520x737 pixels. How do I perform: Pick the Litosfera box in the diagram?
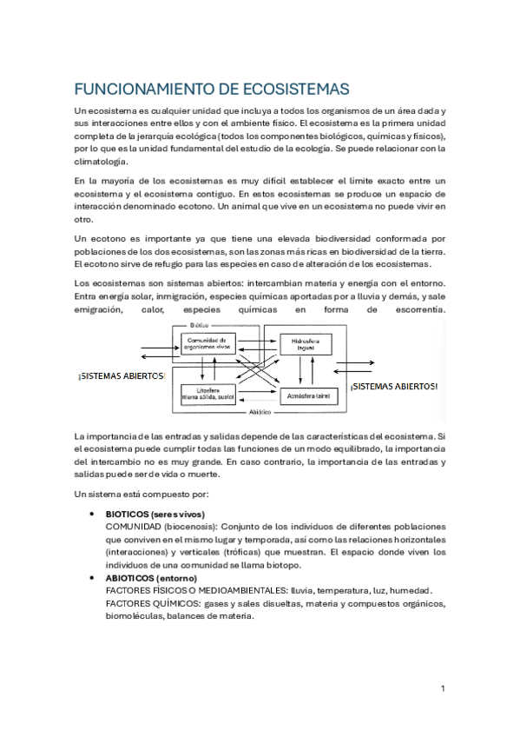point(206,395)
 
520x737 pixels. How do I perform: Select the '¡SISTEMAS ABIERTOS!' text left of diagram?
point(122,375)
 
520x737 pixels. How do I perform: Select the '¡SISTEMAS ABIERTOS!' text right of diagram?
point(393,386)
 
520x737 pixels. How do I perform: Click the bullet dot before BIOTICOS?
point(93,515)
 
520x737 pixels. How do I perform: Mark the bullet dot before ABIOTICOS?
point(93,578)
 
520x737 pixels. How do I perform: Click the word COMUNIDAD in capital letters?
point(135,527)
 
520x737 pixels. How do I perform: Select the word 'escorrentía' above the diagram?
point(412,309)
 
